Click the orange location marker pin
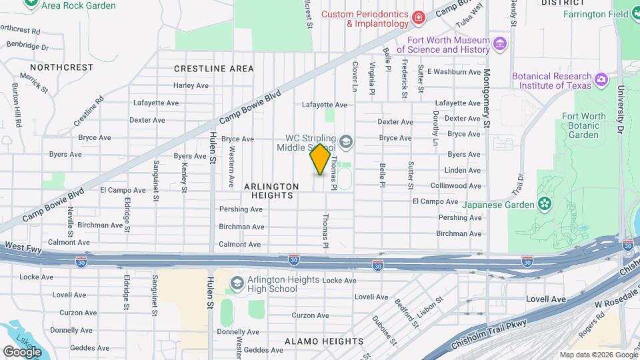tap(320, 159)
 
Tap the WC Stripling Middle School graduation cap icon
tap(345, 141)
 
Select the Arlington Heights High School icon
tap(236, 284)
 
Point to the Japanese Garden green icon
tap(545, 203)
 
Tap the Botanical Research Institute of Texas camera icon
tap(601, 81)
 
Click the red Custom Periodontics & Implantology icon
tap(418, 18)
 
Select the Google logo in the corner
tap(22, 351)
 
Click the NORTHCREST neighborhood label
tap(61, 67)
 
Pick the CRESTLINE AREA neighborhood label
tap(213, 69)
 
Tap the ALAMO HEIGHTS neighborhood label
tap(324, 341)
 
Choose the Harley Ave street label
tap(191, 85)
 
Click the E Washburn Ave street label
tap(453, 72)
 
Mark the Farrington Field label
tap(594, 14)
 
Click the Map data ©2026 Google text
tap(597, 355)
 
